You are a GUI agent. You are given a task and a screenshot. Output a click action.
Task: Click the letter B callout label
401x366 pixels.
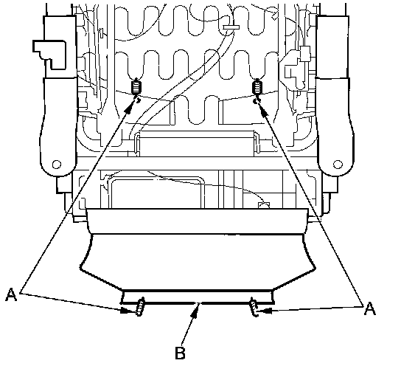[x=180, y=353]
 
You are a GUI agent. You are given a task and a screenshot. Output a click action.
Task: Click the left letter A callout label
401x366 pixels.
[x=11, y=294]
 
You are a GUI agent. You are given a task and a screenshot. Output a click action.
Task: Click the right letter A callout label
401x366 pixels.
[x=370, y=308]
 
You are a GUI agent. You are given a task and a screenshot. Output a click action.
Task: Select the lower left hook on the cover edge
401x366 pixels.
[x=139, y=307]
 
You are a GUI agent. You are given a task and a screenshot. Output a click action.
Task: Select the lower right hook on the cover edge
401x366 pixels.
[x=254, y=307]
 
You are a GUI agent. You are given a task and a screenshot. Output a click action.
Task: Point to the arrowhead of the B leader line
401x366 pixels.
[x=195, y=309]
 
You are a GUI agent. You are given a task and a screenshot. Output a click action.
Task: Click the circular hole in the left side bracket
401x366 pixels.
[x=57, y=164]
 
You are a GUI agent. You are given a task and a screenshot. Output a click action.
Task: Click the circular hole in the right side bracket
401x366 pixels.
[x=338, y=164]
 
